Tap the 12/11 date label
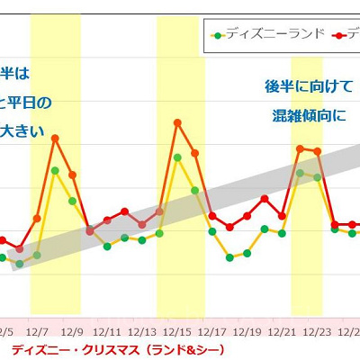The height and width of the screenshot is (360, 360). point(107,330)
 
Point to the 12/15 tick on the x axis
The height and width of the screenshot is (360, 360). point(177,330)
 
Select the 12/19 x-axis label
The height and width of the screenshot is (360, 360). point(247,330)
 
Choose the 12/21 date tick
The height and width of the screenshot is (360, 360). point(283,330)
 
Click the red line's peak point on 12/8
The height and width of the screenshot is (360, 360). point(55,138)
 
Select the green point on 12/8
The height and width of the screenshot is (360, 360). point(55,170)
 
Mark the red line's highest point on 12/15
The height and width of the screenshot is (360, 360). point(177,121)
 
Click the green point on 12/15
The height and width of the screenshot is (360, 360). point(177,157)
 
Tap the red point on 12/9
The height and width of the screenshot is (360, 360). point(72,175)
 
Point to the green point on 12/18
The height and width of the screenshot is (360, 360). point(230,257)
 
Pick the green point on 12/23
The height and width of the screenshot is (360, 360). point(317,177)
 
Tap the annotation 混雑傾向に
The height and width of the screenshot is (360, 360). point(307,115)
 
